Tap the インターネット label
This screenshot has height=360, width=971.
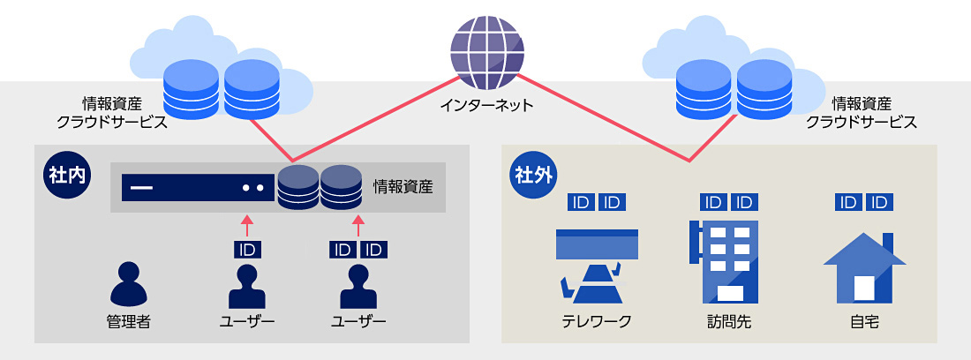[x=486, y=106]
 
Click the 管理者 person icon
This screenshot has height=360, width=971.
[x=128, y=284]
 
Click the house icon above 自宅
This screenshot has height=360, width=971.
[x=863, y=268]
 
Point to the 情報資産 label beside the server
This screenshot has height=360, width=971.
[x=403, y=187]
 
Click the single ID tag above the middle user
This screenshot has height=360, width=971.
[x=247, y=250]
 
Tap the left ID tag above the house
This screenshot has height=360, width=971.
[x=847, y=203]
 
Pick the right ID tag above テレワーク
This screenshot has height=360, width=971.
[x=613, y=203]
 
